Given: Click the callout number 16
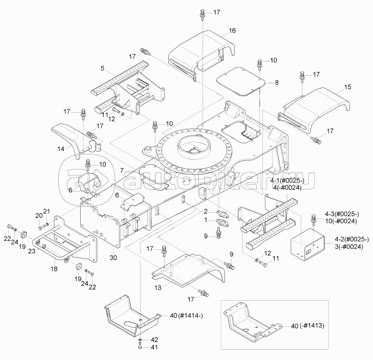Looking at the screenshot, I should click(x=232, y=31).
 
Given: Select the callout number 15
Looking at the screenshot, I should click(x=347, y=86).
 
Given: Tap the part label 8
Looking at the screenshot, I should click(x=276, y=83).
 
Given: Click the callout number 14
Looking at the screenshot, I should click(x=62, y=149).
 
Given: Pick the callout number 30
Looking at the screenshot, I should click(x=113, y=258).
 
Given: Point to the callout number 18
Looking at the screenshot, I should click(x=54, y=269).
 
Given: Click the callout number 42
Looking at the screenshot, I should click(x=154, y=340).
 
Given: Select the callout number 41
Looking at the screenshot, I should click(x=154, y=348).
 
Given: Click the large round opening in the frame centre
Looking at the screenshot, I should click(x=191, y=145).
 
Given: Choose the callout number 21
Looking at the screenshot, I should click(x=46, y=212).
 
